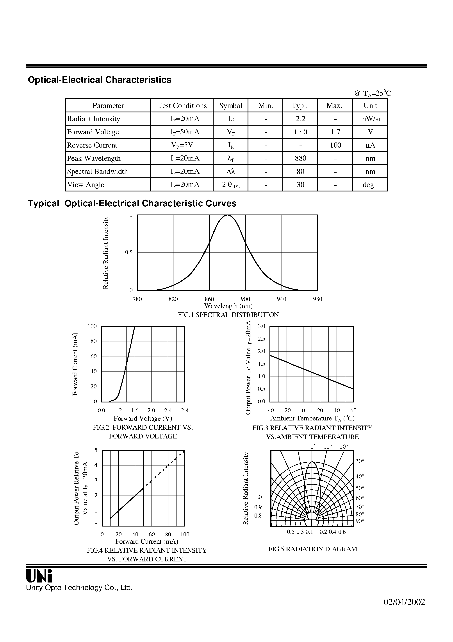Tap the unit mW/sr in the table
pyautogui.click(x=370, y=119)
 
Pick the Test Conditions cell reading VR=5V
pyautogui.click(x=182, y=145)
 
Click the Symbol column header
pyautogui.click(x=230, y=106)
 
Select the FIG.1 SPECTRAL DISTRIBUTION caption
pyautogui.click(x=228, y=315)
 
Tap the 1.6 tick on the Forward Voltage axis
pyautogui.click(x=135, y=411)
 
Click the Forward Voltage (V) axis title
pyautogui.click(x=143, y=418)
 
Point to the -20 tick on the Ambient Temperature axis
pyautogui.click(x=287, y=411)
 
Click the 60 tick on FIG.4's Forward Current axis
pyautogui.click(x=152, y=535)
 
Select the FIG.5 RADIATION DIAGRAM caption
pyautogui.click(x=312, y=549)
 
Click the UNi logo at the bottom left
pyautogui.click(x=39, y=576)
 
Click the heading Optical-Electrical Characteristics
pyautogui.click(x=99, y=80)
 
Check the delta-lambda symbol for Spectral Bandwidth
pyautogui.click(x=231, y=171)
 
